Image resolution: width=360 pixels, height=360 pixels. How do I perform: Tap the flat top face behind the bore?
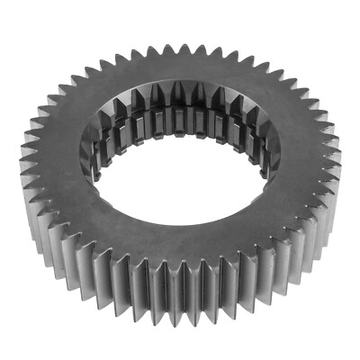(184, 67)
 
